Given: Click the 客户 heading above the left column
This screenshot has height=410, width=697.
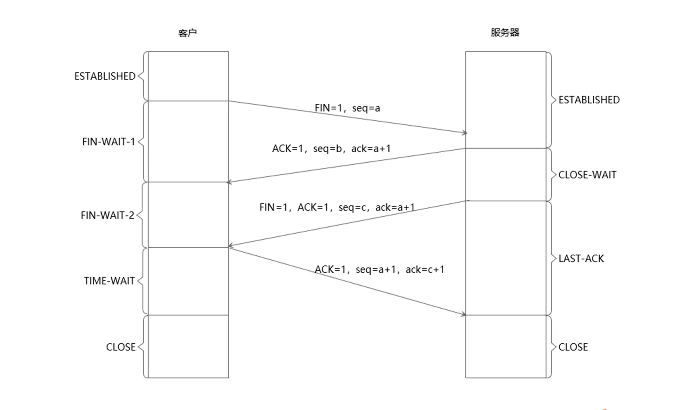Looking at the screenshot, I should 187,33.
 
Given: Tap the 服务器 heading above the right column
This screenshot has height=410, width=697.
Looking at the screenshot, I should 505,32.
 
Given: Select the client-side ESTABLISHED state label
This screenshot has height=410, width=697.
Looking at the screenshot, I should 105,76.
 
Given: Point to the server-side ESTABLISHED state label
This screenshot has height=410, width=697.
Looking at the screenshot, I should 589,100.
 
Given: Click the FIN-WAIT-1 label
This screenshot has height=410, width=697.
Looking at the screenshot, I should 108,142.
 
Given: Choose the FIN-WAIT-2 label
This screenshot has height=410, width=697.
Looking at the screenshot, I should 107,215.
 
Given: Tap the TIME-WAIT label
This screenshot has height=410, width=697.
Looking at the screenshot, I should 109,281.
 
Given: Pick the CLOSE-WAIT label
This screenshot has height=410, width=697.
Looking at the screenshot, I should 587,175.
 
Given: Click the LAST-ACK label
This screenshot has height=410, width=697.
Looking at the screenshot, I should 581,259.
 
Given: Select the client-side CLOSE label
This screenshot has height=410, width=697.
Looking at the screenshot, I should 121,347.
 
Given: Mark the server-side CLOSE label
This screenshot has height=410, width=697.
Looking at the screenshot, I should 573,347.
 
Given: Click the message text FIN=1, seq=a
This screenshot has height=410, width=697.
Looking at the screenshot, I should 347,108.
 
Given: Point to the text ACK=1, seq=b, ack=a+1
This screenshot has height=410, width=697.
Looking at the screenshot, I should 331,149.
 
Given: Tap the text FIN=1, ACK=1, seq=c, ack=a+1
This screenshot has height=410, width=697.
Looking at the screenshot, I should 337,207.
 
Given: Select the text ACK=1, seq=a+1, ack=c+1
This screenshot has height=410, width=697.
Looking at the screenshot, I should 380,270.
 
